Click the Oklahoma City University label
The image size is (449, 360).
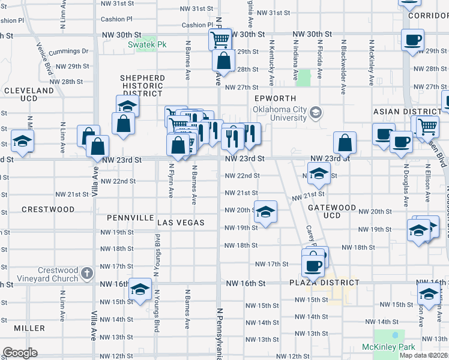coord(279,113)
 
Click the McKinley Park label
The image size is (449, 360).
coord(388,347)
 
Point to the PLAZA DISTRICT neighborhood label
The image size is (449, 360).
coord(324,283)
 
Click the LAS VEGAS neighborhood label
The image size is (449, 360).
coord(181,223)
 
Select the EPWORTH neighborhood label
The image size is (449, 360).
coord(276,98)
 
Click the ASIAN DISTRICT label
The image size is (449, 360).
coord(407,112)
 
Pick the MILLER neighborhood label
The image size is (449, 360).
coord(29,328)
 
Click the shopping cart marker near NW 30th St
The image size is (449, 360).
coord(220,40)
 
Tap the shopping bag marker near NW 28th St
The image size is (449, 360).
coord(223,61)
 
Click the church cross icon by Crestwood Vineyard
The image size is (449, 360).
coord(87,274)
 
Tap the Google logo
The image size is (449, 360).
coord(20,352)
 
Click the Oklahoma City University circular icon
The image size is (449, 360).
coord(316,112)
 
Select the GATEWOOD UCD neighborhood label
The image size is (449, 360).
coord(331,211)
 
